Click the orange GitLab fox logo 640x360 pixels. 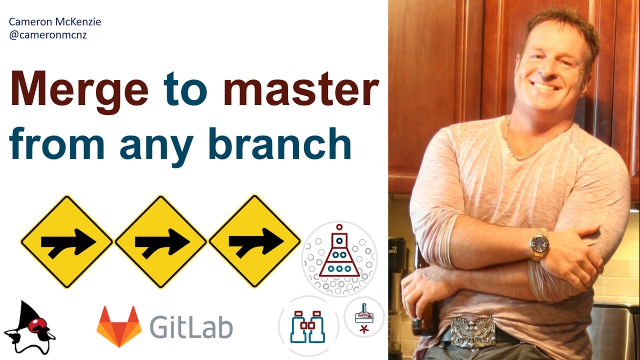click(x=118, y=326)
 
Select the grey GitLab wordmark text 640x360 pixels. click(x=191, y=328)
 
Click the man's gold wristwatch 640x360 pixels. click(x=539, y=244)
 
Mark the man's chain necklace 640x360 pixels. click(x=520, y=145)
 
